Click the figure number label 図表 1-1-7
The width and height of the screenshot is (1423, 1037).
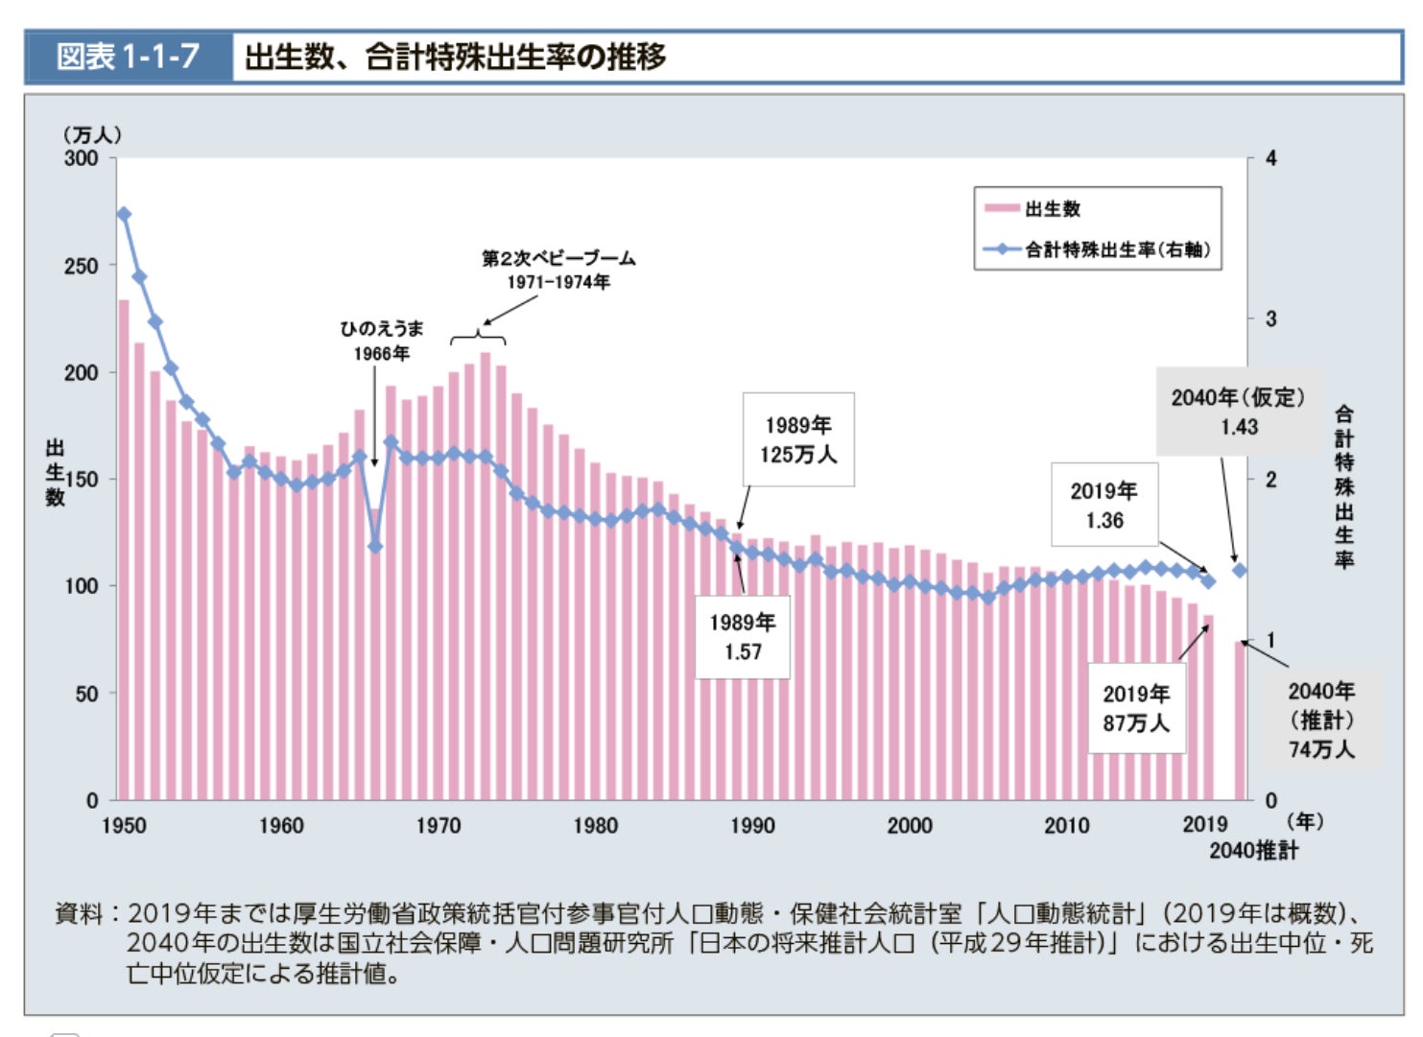point(128,57)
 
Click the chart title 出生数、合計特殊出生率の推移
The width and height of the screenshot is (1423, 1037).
point(455,57)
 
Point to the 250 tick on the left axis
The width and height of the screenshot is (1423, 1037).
point(82,266)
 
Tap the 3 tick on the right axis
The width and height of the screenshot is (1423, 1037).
point(1271,318)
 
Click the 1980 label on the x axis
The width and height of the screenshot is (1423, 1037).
point(596,825)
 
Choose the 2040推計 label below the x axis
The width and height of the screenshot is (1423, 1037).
point(1253,850)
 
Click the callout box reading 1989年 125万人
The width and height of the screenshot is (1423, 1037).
point(798,439)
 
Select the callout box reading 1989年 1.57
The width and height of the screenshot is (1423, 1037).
point(742,637)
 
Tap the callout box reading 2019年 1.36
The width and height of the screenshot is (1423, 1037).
point(1103,506)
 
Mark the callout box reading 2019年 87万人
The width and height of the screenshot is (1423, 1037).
point(1136,708)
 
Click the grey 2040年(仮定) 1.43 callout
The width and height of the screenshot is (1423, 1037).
point(1238,412)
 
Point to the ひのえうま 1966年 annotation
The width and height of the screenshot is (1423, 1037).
point(381,341)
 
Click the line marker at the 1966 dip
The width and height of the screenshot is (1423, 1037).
point(375,547)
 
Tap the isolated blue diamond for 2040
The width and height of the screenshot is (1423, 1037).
point(1240,570)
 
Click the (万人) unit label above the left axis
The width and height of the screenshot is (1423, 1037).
point(92,134)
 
